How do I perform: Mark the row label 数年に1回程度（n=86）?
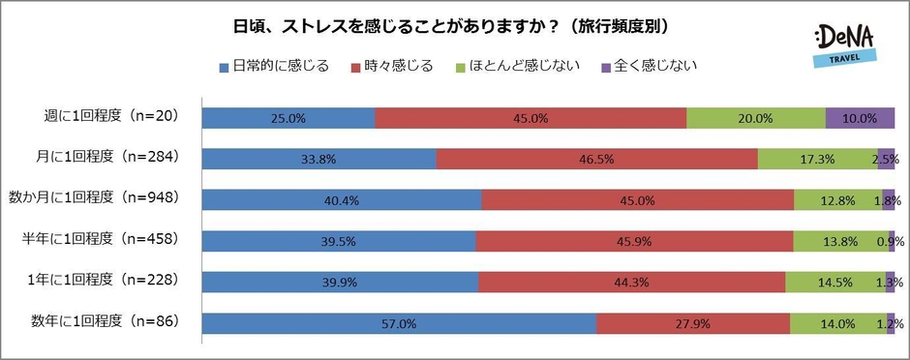107,321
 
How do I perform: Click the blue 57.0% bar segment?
399,323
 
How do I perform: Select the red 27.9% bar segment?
692,323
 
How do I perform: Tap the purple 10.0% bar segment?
860,118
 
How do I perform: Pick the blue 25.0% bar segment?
288,118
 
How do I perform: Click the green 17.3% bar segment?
817,159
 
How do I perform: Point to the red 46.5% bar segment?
596,159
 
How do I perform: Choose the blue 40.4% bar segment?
342,200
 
